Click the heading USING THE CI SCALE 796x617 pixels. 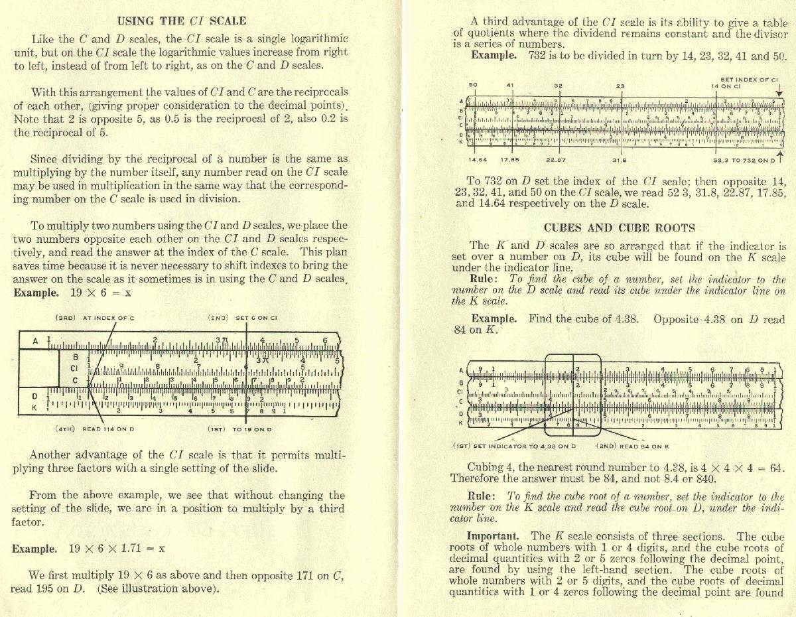click(181, 21)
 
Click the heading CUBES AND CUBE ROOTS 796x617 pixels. click(619, 228)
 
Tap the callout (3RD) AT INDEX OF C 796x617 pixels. click(95, 318)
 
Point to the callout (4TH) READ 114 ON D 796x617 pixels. click(95, 429)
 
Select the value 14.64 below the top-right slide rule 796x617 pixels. click(478, 159)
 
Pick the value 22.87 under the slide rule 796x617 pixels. click(555, 159)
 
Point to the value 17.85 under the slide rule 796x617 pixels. click(509, 159)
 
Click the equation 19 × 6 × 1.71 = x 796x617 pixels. click(117, 549)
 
